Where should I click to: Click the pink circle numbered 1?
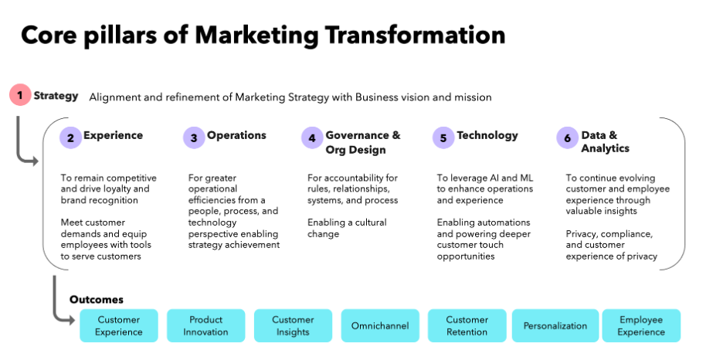click(x=20, y=96)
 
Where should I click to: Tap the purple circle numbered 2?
click(x=70, y=138)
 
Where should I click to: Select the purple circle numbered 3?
click(x=194, y=138)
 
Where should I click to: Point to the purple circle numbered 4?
click(x=312, y=138)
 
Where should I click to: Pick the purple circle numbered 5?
click(x=443, y=138)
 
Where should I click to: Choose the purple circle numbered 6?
click(x=567, y=138)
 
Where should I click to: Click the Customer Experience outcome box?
click(x=119, y=325)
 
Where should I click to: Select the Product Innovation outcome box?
click(x=205, y=325)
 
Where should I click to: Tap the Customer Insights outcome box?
click(x=293, y=325)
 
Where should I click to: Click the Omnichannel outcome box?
click(x=380, y=325)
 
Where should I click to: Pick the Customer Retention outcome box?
click(x=467, y=325)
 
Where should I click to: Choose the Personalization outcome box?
click(x=555, y=325)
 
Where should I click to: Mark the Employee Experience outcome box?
click(x=641, y=325)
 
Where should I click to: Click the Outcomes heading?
click(x=97, y=300)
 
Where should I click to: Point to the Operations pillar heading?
click(x=236, y=135)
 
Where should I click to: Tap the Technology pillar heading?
click(x=487, y=135)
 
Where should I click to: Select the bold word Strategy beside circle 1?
click(x=56, y=96)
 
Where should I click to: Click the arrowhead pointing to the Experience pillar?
click(x=33, y=161)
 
